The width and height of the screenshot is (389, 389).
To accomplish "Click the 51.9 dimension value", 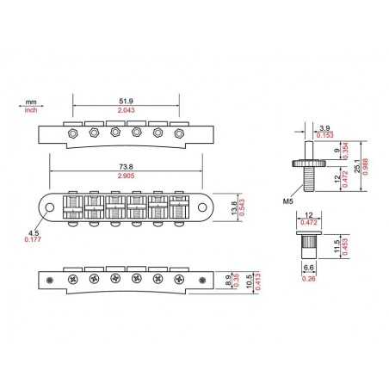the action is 126,102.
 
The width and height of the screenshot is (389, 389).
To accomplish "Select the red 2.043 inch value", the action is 126,110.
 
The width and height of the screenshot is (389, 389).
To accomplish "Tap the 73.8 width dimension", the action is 126,167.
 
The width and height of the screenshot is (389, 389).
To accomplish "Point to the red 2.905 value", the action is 126,176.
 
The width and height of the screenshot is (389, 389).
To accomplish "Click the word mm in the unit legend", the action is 31,102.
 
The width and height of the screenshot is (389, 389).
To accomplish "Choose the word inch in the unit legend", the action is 31,110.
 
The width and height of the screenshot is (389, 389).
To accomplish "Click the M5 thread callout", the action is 288,201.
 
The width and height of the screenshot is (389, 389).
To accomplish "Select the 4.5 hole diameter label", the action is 34,233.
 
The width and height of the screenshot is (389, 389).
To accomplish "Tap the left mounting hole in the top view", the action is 50,207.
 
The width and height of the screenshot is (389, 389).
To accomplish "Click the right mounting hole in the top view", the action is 202,207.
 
